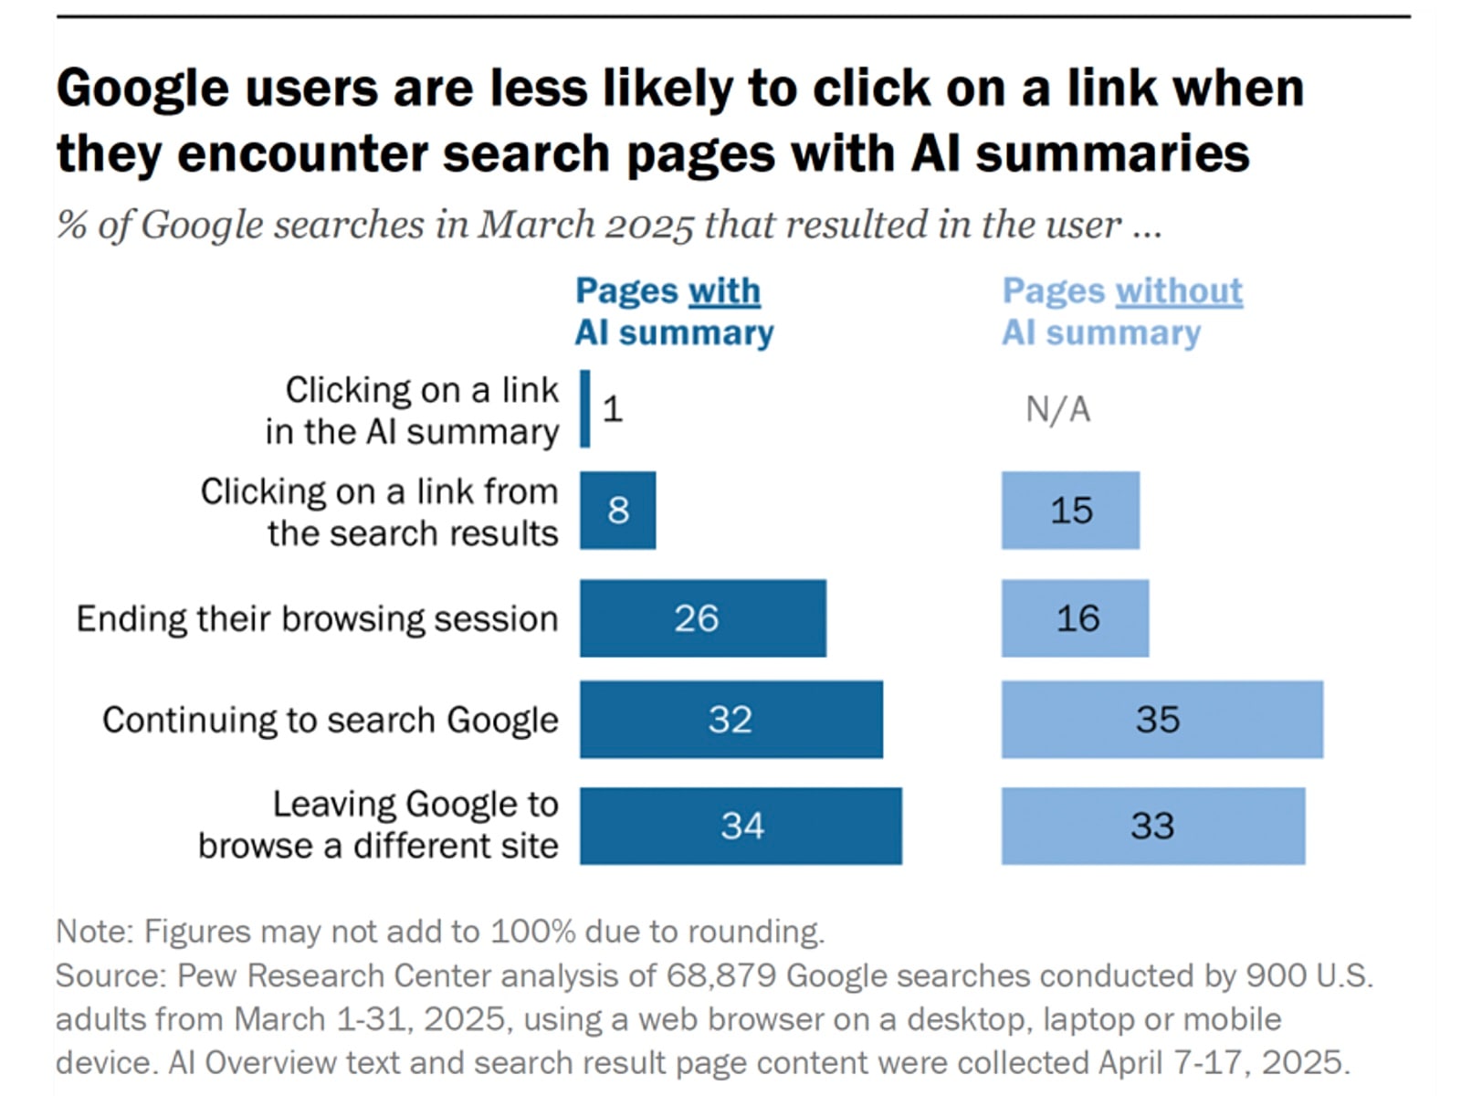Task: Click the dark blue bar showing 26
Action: [x=702, y=618]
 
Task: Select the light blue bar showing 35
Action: [x=1161, y=720]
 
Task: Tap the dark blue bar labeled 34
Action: [x=741, y=826]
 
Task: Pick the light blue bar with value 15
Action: [x=1070, y=511]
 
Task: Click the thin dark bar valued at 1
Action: [x=585, y=408]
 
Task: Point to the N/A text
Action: [x=1057, y=410]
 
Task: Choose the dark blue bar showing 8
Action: [x=617, y=511]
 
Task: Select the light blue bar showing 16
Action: [x=1075, y=618]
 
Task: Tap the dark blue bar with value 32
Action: [x=730, y=720]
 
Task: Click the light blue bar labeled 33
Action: [x=1152, y=826]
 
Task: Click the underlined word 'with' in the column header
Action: [x=723, y=291]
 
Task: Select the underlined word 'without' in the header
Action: [x=1178, y=291]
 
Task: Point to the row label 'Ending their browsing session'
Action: [x=317, y=619]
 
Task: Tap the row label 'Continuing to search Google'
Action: [x=330, y=721]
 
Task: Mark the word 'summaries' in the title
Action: [x=1112, y=153]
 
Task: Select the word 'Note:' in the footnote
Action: [x=95, y=932]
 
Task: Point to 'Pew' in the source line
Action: [x=207, y=975]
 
